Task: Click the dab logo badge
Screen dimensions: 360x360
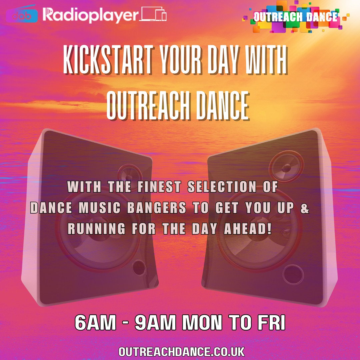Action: pyautogui.click(x=22, y=16)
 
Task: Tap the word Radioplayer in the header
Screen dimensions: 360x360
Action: pyautogui.click(x=90, y=15)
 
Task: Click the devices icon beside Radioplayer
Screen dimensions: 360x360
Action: pyautogui.click(x=153, y=14)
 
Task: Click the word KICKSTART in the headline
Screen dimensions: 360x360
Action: pyautogui.click(x=108, y=59)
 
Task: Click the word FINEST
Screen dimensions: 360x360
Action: pyautogui.click(x=159, y=187)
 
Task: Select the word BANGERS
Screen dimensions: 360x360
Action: pyautogui.click(x=157, y=208)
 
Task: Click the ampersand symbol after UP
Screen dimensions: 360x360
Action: pyautogui.click(x=305, y=208)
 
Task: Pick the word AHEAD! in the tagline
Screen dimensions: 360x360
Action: pyautogui.click(x=248, y=229)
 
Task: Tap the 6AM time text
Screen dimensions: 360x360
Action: pyautogui.click(x=95, y=322)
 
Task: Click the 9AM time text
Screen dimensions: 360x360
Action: pyautogui.click(x=155, y=322)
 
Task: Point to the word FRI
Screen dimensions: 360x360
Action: pyautogui.click(x=271, y=322)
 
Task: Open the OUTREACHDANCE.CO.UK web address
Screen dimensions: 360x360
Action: pyautogui.click(x=182, y=352)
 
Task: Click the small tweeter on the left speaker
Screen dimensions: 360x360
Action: pyautogui.click(x=129, y=175)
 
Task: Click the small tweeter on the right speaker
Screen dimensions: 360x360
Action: pyautogui.click(x=286, y=167)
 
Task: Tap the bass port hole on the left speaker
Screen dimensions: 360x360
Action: pyautogui.click(x=139, y=267)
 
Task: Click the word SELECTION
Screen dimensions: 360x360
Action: pyautogui.click(x=222, y=187)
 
